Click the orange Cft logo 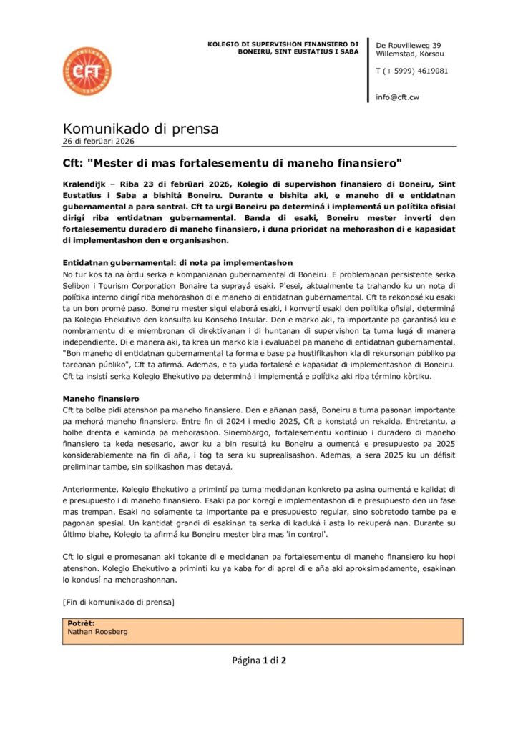(87, 71)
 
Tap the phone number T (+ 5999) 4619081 (412, 71)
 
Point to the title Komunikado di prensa (140, 129)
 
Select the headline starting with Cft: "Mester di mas (233, 162)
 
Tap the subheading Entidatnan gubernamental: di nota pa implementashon (177, 263)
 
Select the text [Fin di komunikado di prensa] (119, 602)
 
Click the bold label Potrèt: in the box (81, 623)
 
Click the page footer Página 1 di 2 (259, 660)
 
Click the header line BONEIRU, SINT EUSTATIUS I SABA (298, 52)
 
